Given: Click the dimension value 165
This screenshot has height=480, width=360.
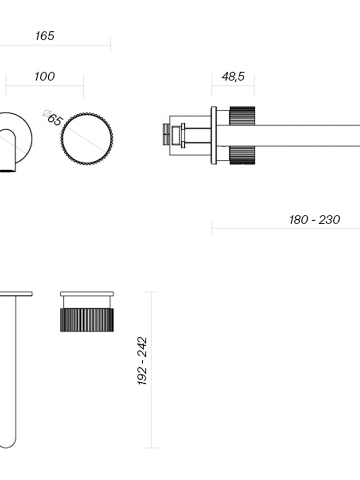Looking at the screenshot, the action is click(45, 36).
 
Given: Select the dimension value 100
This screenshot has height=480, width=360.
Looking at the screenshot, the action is click(44, 76).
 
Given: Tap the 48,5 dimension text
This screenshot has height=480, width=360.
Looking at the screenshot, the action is click(233, 77).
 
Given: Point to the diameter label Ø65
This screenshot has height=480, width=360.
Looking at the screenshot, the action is click(52, 118).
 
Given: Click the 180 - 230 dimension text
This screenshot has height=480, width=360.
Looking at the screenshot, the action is click(315, 220).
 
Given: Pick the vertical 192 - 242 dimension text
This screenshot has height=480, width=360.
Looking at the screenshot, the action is click(142, 361).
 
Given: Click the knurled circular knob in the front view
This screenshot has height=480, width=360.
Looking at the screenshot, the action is click(87, 140).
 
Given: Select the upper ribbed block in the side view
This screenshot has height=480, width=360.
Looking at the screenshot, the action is click(242, 116).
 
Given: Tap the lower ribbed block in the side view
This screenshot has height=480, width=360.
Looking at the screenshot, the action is click(242, 155).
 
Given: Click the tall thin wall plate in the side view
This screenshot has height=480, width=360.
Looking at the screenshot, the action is click(214, 135).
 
